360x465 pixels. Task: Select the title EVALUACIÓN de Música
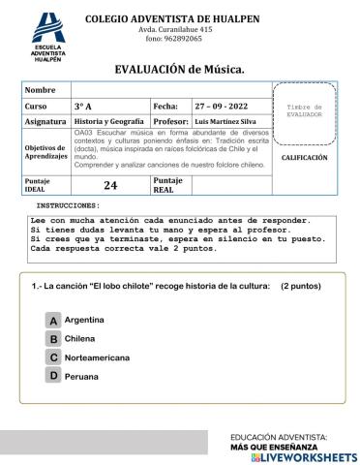[179, 69]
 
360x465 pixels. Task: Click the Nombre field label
[41, 89]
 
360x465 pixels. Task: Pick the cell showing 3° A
[83, 105]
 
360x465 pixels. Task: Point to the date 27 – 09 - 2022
[222, 105]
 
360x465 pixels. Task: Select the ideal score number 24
[109, 185]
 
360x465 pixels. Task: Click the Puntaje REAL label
[168, 185]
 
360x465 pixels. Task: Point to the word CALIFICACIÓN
[304, 157]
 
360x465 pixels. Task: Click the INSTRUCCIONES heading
[68, 206]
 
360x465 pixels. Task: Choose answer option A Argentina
[54, 320]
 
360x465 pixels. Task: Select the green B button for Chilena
[54, 338]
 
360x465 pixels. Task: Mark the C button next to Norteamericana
[54, 357]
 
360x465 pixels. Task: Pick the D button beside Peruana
[54, 375]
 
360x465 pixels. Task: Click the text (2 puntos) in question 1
[300, 287]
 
